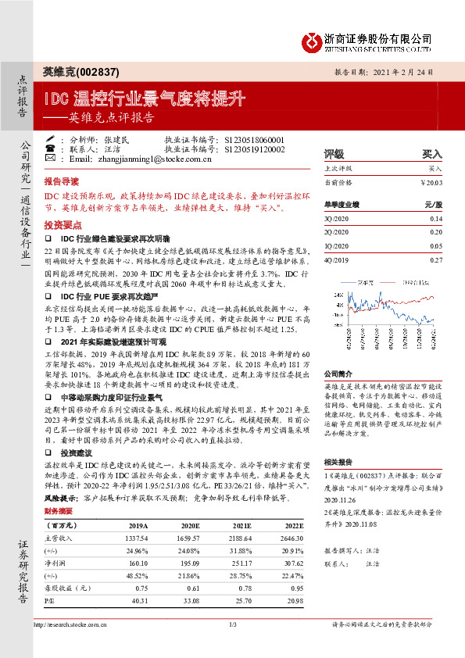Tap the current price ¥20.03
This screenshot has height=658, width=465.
point(430,181)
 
